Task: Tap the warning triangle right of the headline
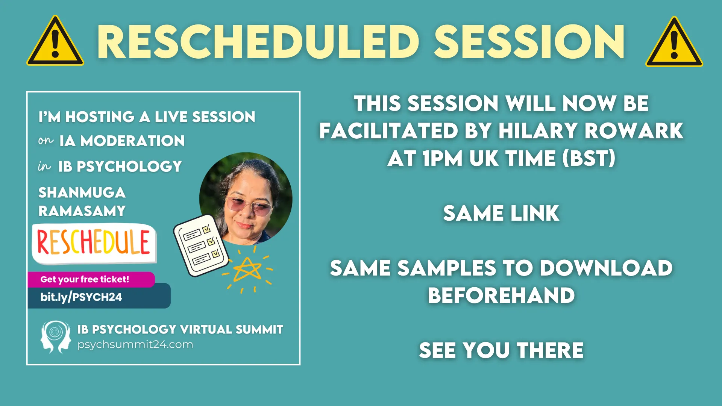674,42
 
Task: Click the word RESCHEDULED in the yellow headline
258,42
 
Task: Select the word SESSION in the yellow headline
529,42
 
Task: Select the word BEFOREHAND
501,295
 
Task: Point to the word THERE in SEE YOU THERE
550,350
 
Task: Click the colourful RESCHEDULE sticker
94,243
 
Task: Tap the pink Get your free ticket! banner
91,279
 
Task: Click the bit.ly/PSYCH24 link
81,297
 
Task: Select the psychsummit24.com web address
135,344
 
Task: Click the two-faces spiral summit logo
56,337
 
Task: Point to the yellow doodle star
247,270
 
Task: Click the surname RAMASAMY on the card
82,211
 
